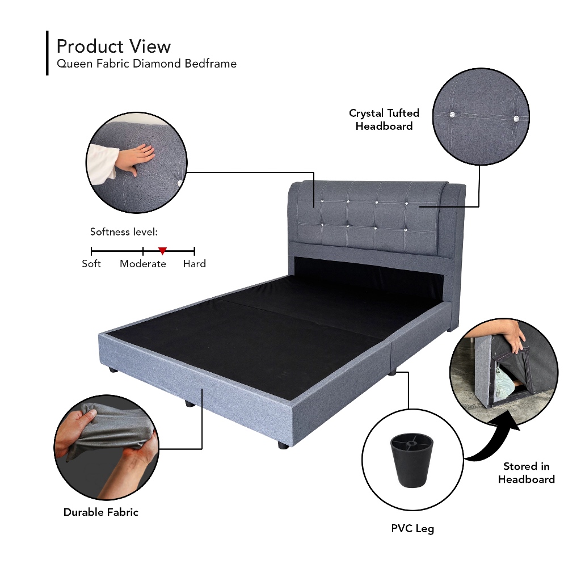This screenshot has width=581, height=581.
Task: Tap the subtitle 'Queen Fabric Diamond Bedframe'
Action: click(146, 64)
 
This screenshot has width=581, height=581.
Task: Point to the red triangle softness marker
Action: click(162, 250)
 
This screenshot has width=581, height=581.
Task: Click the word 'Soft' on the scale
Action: click(91, 264)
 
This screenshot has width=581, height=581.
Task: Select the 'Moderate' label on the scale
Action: click(143, 264)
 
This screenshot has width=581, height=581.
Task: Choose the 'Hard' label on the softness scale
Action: click(194, 264)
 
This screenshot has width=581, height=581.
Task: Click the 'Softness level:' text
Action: click(124, 232)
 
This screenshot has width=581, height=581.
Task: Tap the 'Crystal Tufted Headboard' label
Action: click(384, 120)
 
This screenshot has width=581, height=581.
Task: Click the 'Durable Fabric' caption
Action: click(101, 512)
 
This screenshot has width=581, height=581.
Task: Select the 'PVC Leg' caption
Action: click(412, 529)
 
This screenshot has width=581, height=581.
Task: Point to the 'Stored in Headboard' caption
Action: click(527, 473)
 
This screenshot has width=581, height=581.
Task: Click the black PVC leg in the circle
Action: click(409, 461)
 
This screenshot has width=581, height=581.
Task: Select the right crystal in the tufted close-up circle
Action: click(516, 119)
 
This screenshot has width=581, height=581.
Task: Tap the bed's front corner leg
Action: click(283, 445)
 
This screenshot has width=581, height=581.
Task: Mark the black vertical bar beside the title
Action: click(47, 53)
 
